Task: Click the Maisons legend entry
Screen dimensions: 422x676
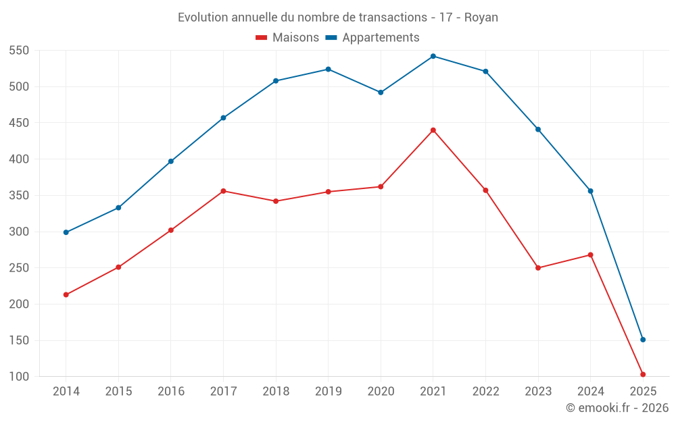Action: (x=287, y=38)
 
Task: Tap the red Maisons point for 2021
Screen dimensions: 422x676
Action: (x=433, y=130)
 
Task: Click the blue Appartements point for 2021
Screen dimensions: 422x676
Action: (x=433, y=56)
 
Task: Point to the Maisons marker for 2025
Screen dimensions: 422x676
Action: (x=643, y=374)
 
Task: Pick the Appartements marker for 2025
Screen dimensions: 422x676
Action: (x=643, y=340)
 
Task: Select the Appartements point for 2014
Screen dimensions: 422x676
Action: (x=66, y=232)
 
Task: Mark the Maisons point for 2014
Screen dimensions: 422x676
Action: (x=66, y=294)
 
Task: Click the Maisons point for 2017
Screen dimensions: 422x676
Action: (x=224, y=191)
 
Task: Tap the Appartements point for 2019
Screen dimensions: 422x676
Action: (x=329, y=70)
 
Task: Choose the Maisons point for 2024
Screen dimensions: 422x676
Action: (x=590, y=255)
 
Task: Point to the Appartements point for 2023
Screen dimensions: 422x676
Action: (x=538, y=129)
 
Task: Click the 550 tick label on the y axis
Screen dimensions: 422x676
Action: (x=19, y=51)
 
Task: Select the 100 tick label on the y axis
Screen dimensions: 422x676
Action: (x=19, y=376)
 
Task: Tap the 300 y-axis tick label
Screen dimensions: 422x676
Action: (x=19, y=232)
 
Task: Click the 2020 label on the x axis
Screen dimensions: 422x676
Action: (x=381, y=392)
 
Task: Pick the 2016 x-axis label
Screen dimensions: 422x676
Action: (x=171, y=392)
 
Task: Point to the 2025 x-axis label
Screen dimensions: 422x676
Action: (x=643, y=392)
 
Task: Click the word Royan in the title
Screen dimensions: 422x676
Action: (x=481, y=18)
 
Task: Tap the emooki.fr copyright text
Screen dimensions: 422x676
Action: (x=617, y=408)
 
